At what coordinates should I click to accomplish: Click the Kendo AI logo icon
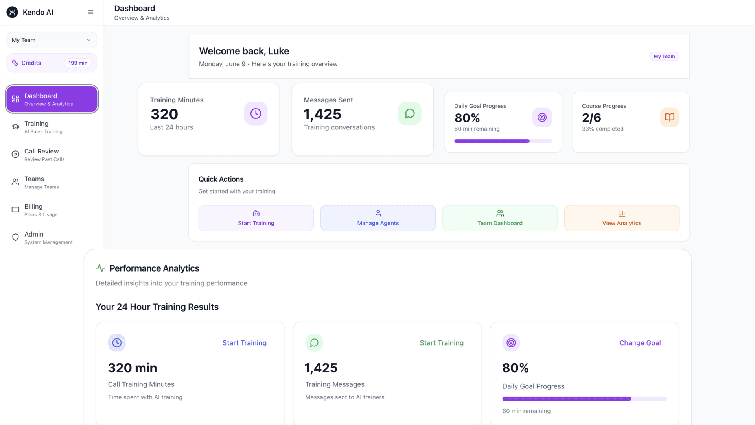12,12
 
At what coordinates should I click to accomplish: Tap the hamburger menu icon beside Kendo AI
91,12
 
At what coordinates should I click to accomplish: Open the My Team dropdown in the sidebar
52,40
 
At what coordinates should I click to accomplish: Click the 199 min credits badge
78,63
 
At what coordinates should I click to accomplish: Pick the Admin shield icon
15,237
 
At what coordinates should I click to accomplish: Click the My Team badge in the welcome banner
664,56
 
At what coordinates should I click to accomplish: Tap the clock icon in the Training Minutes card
256,114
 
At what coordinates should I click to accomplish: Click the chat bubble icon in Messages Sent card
410,114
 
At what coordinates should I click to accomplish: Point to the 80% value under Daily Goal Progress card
467,118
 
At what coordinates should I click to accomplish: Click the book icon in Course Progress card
670,117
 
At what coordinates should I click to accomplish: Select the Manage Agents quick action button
378,218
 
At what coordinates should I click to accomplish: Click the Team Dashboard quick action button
500,218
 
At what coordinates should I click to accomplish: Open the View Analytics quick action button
622,218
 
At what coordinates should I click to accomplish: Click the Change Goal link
640,343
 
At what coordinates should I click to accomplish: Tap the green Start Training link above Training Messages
442,343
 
